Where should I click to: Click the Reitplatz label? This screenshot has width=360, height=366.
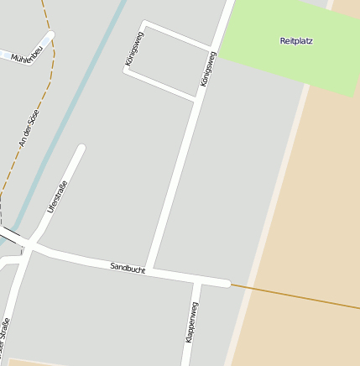[296, 40]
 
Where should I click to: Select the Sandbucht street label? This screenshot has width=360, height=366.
[128, 267]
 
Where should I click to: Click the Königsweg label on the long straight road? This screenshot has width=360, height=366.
[208, 70]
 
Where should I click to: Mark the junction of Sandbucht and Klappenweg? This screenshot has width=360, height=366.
[197, 279]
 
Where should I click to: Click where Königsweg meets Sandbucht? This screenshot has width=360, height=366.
[149, 269]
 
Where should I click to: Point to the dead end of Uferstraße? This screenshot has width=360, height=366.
[81, 149]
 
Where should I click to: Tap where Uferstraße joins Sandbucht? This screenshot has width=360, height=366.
[30, 245]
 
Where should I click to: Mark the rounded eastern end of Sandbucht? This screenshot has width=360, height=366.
[226, 284]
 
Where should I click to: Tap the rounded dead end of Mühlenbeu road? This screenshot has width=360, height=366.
[50, 35]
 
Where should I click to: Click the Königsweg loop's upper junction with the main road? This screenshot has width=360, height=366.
[211, 48]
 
